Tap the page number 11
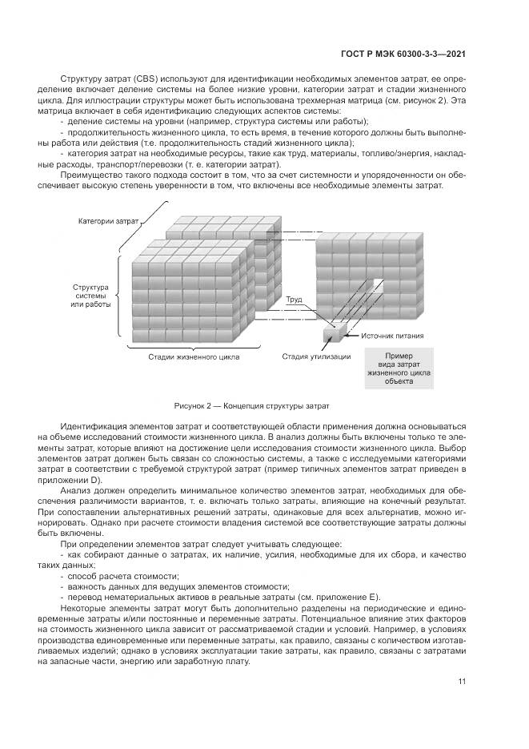[462, 682]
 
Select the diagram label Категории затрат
[108, 219]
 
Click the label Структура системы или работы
[90, 295]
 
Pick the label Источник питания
[392, 336]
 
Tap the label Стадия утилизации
[315, 356]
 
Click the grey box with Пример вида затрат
[399, 368]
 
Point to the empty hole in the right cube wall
[375, 287]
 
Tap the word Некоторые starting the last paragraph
[84, 609]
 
